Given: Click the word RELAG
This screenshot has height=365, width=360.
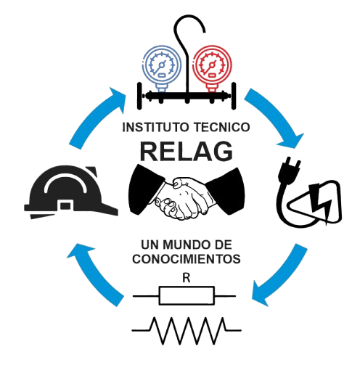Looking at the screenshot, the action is tap(187, 152).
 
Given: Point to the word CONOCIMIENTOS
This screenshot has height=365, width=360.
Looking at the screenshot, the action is tap(187, 259).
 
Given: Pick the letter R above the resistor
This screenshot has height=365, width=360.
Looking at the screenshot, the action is tap(187, 278).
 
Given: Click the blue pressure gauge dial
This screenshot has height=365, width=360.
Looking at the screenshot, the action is tap(162, 65).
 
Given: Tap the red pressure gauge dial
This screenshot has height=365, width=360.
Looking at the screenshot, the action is tap(212, 65).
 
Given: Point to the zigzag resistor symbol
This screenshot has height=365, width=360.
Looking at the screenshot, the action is tap(187, 330).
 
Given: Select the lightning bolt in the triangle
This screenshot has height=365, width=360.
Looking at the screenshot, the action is tap(319, 203).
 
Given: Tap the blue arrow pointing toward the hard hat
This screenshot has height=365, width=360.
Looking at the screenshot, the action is tap(96, 274).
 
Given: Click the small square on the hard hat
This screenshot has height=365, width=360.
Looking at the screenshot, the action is tap(65, 205).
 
